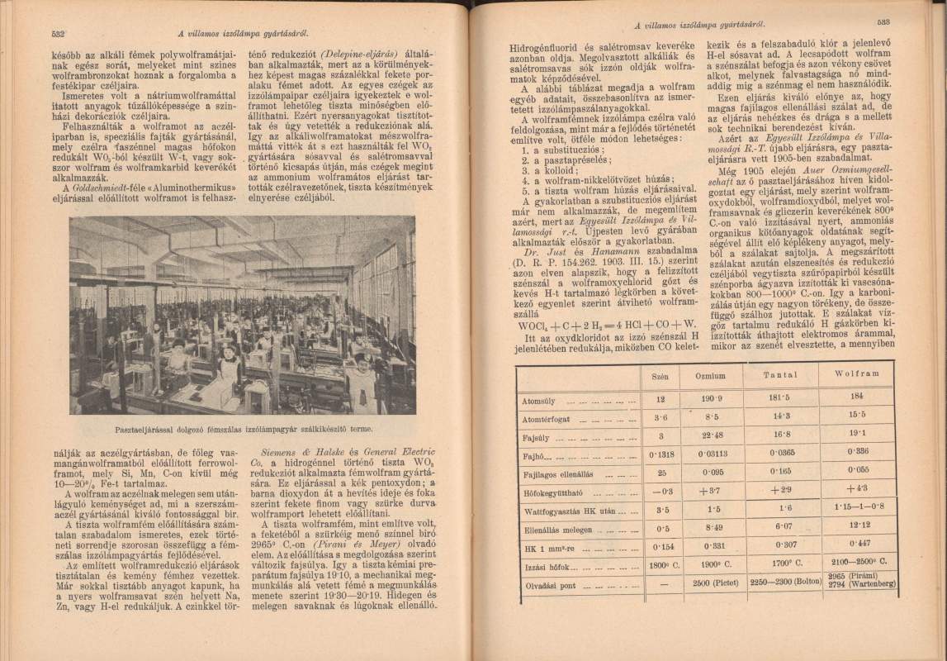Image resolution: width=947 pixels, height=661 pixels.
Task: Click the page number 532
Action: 58,34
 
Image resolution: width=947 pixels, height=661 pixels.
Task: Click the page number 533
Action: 882,23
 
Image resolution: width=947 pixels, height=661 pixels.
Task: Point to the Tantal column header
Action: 779,374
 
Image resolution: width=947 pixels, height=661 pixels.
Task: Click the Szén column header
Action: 660,377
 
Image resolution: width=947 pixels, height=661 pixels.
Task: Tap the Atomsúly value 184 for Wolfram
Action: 855,396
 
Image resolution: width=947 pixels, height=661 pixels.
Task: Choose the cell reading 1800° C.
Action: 660,567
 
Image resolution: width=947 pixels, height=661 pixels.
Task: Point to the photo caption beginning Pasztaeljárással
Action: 243,428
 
